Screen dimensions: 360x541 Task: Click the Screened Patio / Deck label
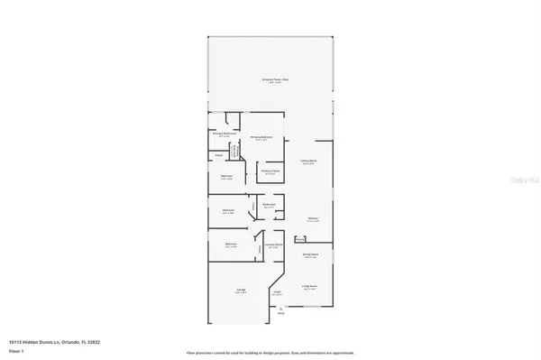pyautogui.click(x=271, y=81)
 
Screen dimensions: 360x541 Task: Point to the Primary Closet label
pyautogui.click(x=270, y=171)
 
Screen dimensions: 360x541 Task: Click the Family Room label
pyautogui.click(x=309, y=162)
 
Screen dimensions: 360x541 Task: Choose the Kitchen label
pyautogui.click(x=311, y=218)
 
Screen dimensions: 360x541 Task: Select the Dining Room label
pyautogui.click(x=310, y=256)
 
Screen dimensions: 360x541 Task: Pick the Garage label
pyautogui.click(x=241, y=290)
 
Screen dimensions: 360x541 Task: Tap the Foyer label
pyautogui.click(x=278, y=292)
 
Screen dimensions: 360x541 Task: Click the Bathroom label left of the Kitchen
pyautogui.click(x=269, y=205)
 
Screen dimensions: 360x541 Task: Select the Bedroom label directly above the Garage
pyautogui.click(x=231, y=245)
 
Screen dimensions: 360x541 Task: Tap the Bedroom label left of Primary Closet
pyautogui.click(x=228, y=177)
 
